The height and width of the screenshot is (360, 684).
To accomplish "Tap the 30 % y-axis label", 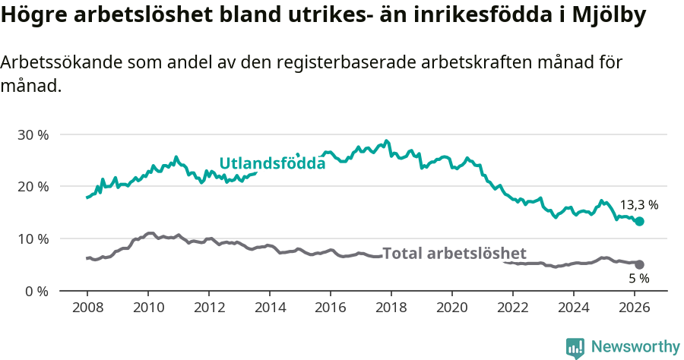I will coord(33,134).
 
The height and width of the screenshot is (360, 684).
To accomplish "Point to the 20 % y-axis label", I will coord(33,187).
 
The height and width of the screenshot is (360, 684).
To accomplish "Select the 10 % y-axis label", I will coord(33,238).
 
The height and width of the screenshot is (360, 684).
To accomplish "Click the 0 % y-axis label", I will coord(36,291).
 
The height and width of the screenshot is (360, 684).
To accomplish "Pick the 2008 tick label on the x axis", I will coord(87,308).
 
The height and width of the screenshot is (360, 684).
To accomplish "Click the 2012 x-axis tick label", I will coord(209,308).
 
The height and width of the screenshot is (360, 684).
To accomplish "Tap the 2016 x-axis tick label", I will coord(331,308).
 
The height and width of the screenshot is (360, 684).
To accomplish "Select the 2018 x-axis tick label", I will coord(391,308).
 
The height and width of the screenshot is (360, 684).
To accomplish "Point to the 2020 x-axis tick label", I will coord(452,308).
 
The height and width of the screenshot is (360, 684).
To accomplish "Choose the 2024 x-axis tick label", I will coord(574,308).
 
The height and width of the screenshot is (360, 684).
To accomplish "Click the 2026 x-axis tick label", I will coord(635,308).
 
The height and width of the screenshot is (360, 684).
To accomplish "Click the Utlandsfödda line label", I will coord(272,163).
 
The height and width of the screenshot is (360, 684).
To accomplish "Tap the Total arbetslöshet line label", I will coord(454,254).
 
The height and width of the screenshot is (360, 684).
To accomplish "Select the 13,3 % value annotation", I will coord(639,205).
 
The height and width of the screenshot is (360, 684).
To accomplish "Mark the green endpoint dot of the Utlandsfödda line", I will coord(640,221).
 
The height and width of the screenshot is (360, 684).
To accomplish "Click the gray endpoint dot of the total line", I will coord(640,264).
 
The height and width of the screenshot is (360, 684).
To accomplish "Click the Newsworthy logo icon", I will coord(575,348).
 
